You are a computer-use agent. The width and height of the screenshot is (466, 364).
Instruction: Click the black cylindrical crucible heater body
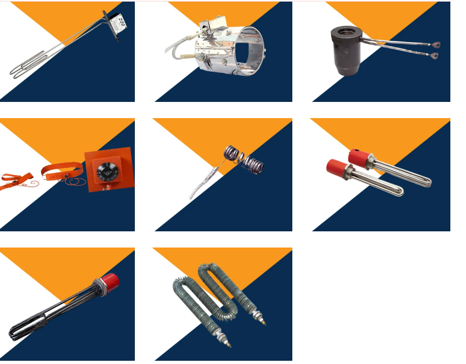[345, 51]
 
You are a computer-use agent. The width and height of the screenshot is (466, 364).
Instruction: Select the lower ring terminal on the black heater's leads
[435, 55]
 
